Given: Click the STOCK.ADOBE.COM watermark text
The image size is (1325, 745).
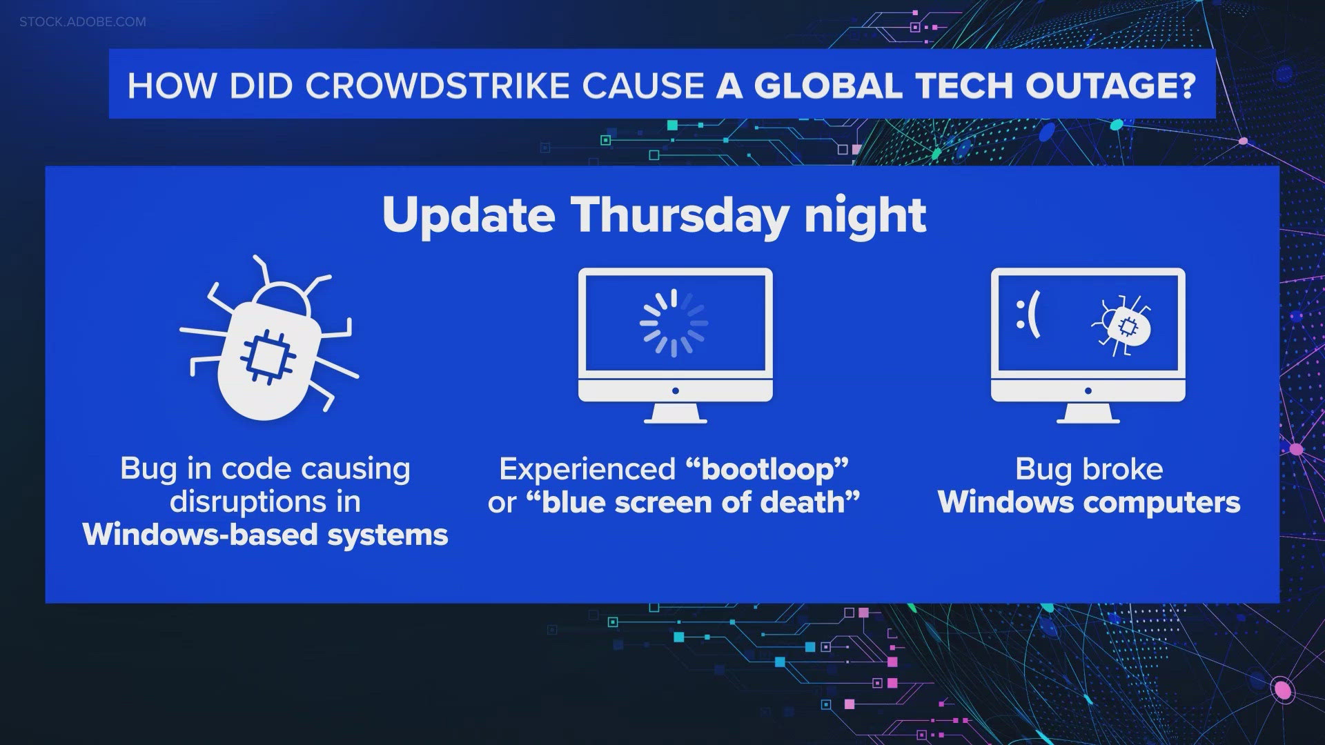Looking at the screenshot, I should tap(83, 22).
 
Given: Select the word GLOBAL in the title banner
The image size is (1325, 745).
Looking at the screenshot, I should tap(827, 86).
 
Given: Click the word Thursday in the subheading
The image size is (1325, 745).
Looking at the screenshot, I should tap(680, 216).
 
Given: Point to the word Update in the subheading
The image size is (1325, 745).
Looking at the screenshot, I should tap(469, 216).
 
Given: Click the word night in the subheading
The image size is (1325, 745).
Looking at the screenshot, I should tap(865, 216).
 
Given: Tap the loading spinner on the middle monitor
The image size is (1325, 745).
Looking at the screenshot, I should tap(674, 323).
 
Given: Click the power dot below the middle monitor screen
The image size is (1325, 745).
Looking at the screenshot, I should tap(675, 390).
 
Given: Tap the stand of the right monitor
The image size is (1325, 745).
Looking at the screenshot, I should tap(1088, 415).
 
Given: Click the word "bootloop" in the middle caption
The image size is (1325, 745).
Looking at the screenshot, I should tap(767, 469).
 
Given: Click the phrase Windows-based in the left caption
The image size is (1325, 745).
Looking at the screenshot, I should tap(200, 535).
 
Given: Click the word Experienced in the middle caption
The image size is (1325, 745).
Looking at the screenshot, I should tap(587, 469).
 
